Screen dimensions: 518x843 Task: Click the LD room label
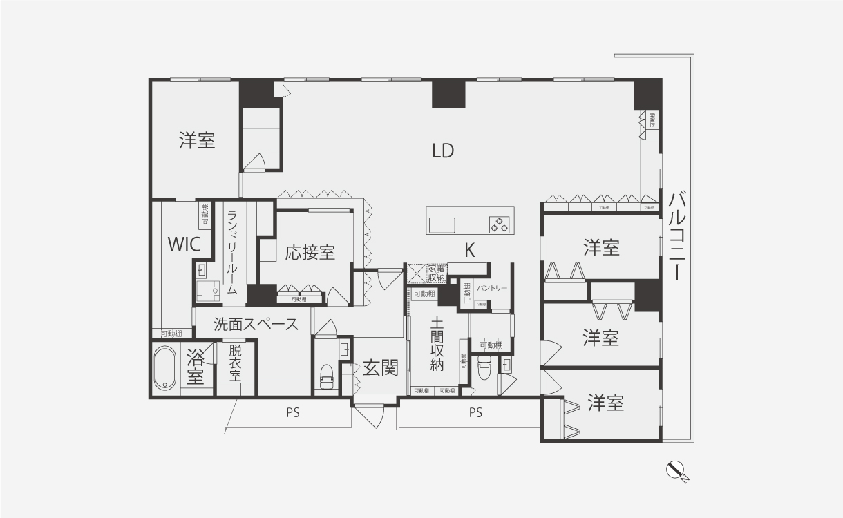pyautogui.click(x=443, y=151)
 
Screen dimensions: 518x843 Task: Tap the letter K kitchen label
pyautogui.click(x=469, y=251)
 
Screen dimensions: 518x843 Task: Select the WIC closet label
pyautogui.click(x=184, y=244)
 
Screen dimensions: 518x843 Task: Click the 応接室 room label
pyautogui.click(x=310, y=252)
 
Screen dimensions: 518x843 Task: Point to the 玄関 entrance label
pyautogui.click(x=381, y=368)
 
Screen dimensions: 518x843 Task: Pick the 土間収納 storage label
pyautogui.click(x=436, y=344)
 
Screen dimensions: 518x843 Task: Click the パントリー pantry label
pyautogui.click(x=492, y=287)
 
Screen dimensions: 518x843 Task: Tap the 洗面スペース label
pyautogui.click(x=256, y=324)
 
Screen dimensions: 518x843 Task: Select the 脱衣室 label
pyautogui.click(x=236, y=363)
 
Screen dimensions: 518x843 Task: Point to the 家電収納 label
pyautogui.click(x=436, y=272)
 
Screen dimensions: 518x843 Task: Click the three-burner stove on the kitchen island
pyautogui.click(x=500, y=224)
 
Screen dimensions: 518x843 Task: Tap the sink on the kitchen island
pyautogui.click(x=442, y=225)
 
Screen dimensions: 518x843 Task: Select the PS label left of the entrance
pyautogui.click(x=294, y=413)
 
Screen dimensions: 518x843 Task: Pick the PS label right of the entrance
pyautogui.click(x=475, y=413)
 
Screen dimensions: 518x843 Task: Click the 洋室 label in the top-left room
pyautogui.click(x=197, y=141)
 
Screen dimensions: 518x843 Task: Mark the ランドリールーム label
pyautogui.click(x=233, y=252)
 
